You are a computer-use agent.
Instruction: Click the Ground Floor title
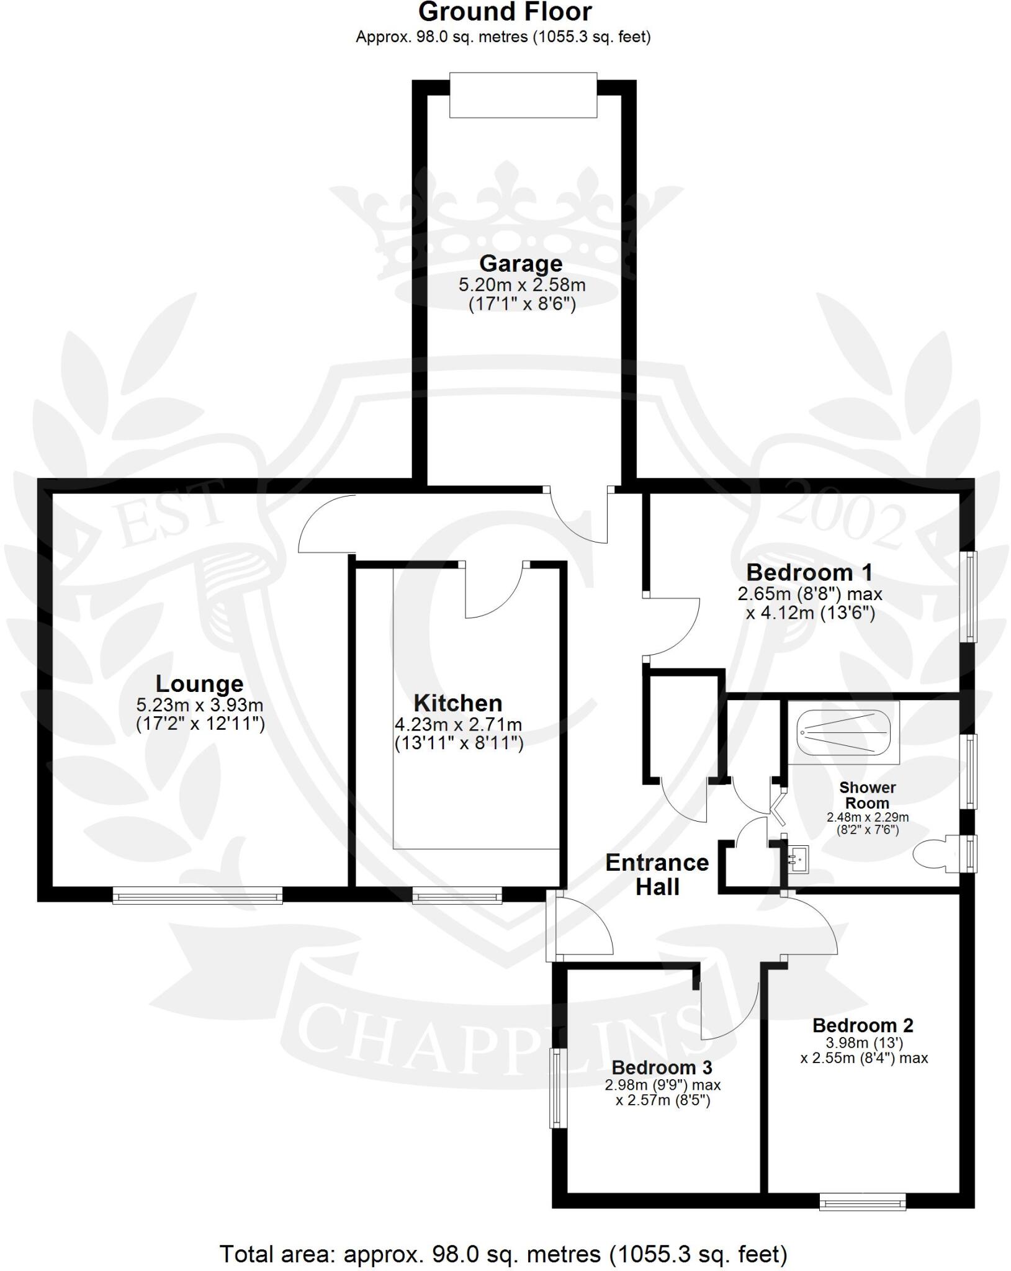tap(505, 12)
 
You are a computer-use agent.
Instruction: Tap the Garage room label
tap(521, 264)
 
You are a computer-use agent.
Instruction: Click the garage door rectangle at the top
tap(523, 95)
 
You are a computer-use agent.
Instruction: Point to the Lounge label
tap(199, 683)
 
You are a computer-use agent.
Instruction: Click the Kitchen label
tap(458, 703)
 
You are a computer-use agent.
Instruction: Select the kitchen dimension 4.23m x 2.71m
tap(458, 724)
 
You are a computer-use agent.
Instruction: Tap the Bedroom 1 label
tap(809, 572)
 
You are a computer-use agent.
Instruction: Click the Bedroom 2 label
tap(863, 1026)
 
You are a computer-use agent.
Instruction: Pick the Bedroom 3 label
tap(662, 1067)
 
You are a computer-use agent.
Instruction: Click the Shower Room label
tap(867, 795)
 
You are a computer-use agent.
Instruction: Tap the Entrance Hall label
tap(657, 874)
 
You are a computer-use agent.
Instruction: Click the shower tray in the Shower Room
tap(845, 732)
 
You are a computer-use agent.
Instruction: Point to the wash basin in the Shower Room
tap(798, 859)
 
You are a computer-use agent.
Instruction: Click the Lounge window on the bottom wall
tap(197, 894)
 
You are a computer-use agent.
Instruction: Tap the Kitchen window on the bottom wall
tap(457, 894)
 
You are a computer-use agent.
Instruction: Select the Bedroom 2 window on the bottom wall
tap(862, 1202)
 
